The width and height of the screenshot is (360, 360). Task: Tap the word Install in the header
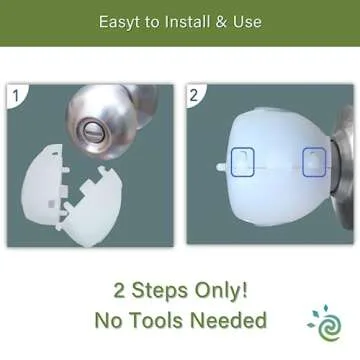pos(187,21)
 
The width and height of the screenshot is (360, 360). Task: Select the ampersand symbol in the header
pos(221,22)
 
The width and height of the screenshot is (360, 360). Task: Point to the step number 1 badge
pos(15,96)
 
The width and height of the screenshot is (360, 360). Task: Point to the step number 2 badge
pos(194,95)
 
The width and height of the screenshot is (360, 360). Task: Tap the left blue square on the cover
pos(243,162)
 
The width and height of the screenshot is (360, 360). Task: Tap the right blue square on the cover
pos(314,162)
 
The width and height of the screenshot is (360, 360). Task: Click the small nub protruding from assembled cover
pos(221,166)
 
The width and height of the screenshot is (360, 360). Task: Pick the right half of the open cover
pos(93,207)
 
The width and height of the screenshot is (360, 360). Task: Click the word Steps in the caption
pos(160,291)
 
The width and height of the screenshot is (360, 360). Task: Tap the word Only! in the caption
pos(221,290)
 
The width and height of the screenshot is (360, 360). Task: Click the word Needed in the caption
pos(230,320)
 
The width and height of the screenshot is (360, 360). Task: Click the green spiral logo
pos(325,323)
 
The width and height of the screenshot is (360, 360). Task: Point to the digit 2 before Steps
pos(120,290)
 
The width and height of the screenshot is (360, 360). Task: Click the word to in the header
pos(152,22)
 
